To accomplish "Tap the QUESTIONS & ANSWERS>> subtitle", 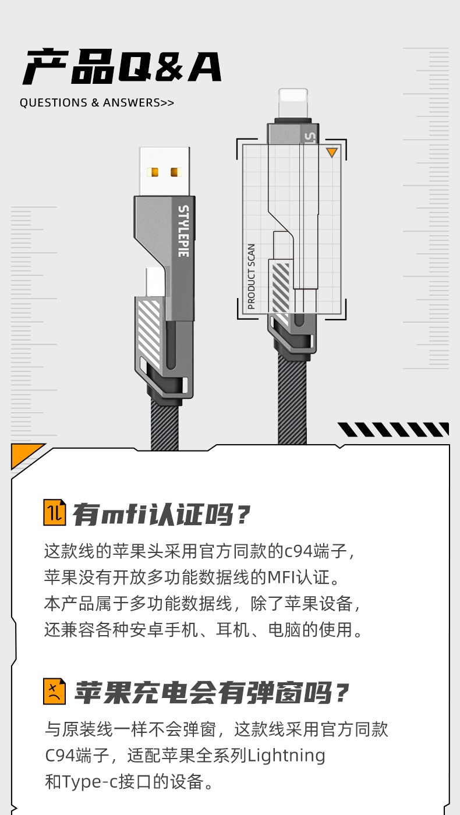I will [97, 103].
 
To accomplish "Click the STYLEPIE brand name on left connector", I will [183, 231].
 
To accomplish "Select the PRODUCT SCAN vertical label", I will [251, 276].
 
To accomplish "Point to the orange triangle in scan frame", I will [331, 153].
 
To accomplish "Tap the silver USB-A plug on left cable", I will [164, 171].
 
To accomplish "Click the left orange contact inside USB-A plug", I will [154, 172].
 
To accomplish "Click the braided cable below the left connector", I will [164, 425].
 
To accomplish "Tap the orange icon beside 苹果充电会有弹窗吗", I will [55, 692].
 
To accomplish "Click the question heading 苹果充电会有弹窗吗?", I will [211, 693].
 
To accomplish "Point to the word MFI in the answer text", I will [281, 577].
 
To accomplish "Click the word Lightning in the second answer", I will [286, 756].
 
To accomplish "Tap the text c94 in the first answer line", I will [299, 551].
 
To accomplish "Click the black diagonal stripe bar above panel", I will [394, 430].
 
